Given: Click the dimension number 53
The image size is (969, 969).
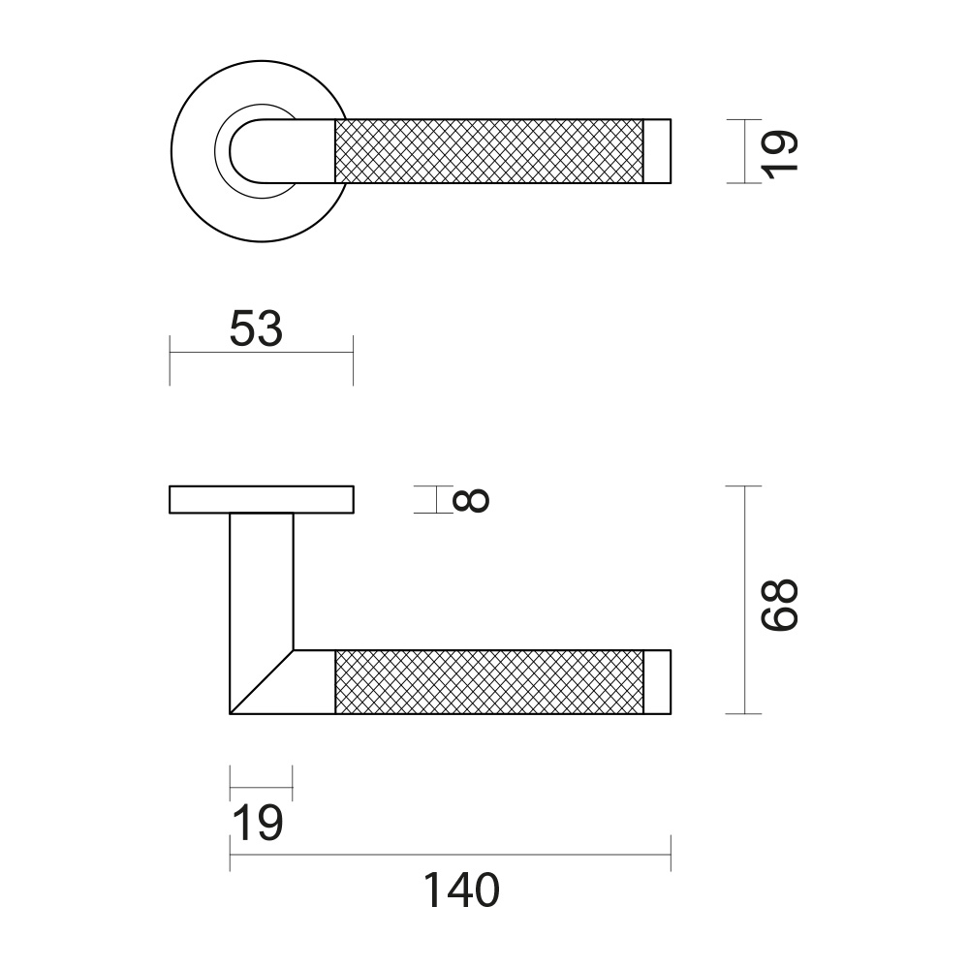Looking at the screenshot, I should pos(256,329).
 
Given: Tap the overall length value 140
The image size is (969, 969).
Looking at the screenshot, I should pos(460,891).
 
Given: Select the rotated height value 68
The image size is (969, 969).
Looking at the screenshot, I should pos(779,606).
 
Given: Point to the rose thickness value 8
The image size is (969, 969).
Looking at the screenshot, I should pos(471,500).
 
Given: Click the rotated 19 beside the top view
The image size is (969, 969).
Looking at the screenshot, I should pos(779,151).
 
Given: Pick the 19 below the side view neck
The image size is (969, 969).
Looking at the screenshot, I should pos(257,825).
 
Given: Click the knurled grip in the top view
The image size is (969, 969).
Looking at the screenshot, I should pos(489,150).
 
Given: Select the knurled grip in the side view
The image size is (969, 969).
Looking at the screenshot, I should pos(489,682).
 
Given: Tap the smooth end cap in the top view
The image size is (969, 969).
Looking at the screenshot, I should pos(658,150).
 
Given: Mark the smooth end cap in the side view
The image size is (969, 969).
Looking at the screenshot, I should pos(658,682).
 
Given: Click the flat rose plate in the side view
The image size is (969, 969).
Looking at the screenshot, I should pos(262,499).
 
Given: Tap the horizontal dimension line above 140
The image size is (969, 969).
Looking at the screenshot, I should pos(451,854).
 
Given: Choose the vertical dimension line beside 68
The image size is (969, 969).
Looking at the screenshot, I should pos(744,601).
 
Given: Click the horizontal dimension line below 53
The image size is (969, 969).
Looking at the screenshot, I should pos(262,353).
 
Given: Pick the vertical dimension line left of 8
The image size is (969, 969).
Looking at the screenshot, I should pos(438,499).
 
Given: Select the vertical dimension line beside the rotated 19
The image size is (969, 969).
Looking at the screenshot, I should pos(744,151).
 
